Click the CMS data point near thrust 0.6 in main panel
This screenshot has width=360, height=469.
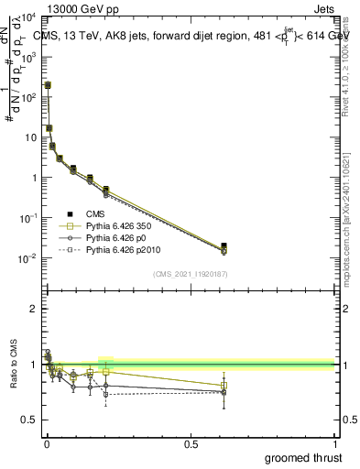tap(224, 245)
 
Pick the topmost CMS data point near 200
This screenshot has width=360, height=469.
tap(48, 85)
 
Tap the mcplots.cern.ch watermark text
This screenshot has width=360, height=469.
tap(351, 220)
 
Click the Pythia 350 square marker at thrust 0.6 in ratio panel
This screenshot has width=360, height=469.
tap(224, 386)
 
